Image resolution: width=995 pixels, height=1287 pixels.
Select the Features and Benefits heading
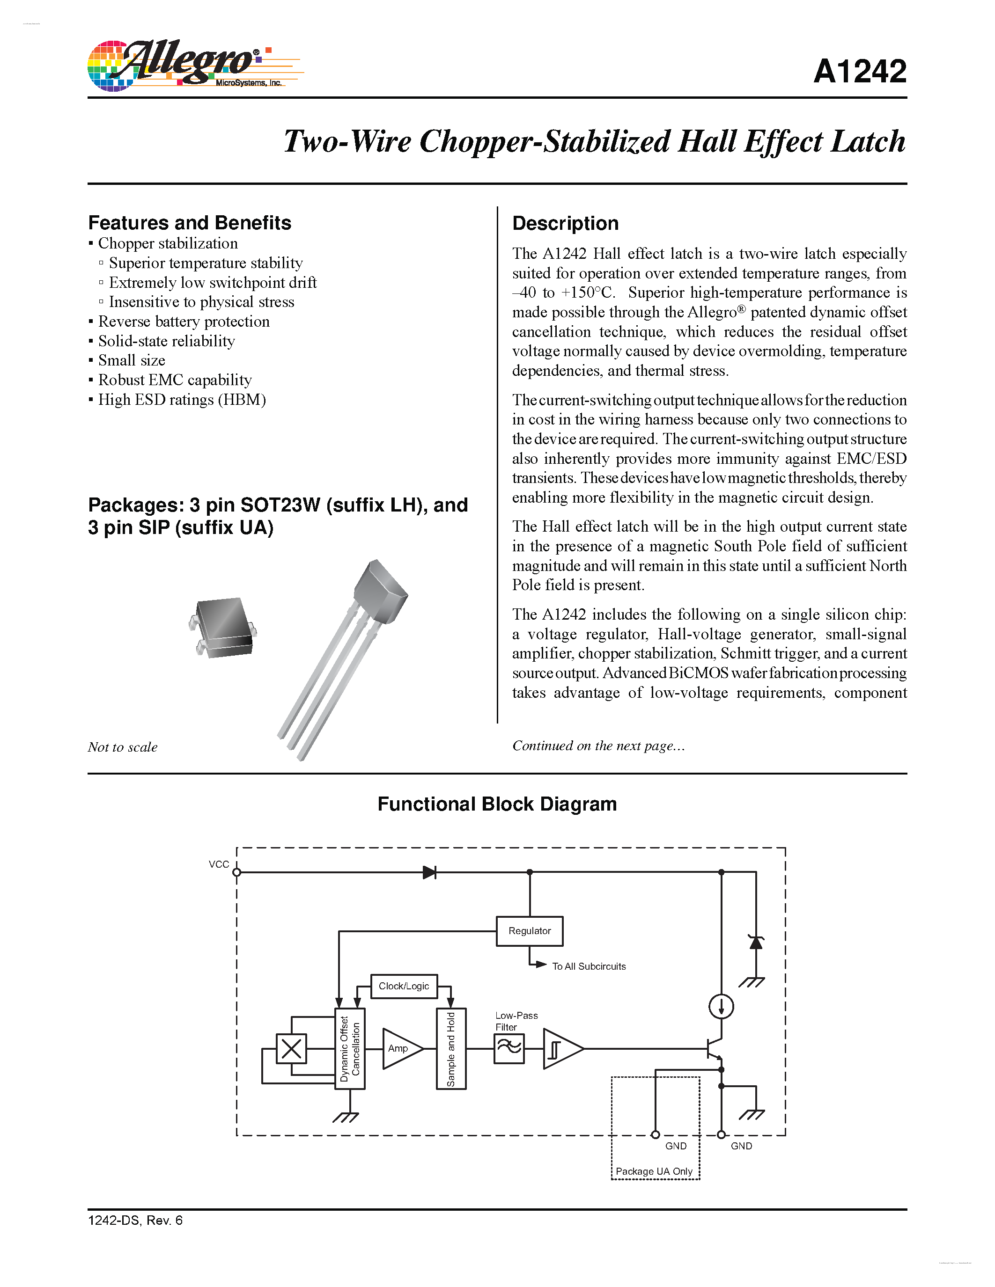(189, 223)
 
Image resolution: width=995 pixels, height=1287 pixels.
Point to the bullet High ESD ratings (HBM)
(182, 400)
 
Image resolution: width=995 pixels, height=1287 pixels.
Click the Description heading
(565, 223)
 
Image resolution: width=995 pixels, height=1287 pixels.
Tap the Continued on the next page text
(598, 746)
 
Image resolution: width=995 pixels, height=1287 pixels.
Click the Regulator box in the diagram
(529, 930)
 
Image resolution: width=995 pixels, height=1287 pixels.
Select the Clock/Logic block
(404, 986)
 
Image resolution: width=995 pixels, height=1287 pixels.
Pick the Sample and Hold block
(451, 1048)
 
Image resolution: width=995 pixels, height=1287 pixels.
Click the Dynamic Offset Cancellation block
(350, 1048)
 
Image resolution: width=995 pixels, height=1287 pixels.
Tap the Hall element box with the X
(291, 1048)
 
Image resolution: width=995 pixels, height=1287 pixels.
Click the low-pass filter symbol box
(509, 1048)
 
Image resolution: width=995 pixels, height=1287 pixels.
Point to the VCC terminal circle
(236, 872)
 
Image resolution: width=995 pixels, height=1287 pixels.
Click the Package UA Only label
(654, 1171)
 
